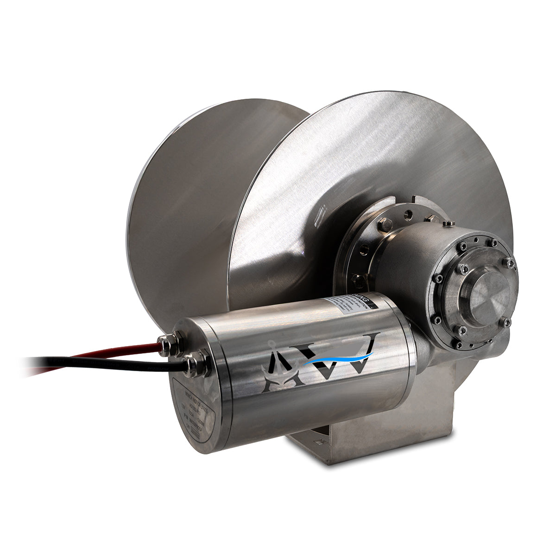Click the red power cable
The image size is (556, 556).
tap(116, 351)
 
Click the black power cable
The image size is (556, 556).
tap(93, 363)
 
